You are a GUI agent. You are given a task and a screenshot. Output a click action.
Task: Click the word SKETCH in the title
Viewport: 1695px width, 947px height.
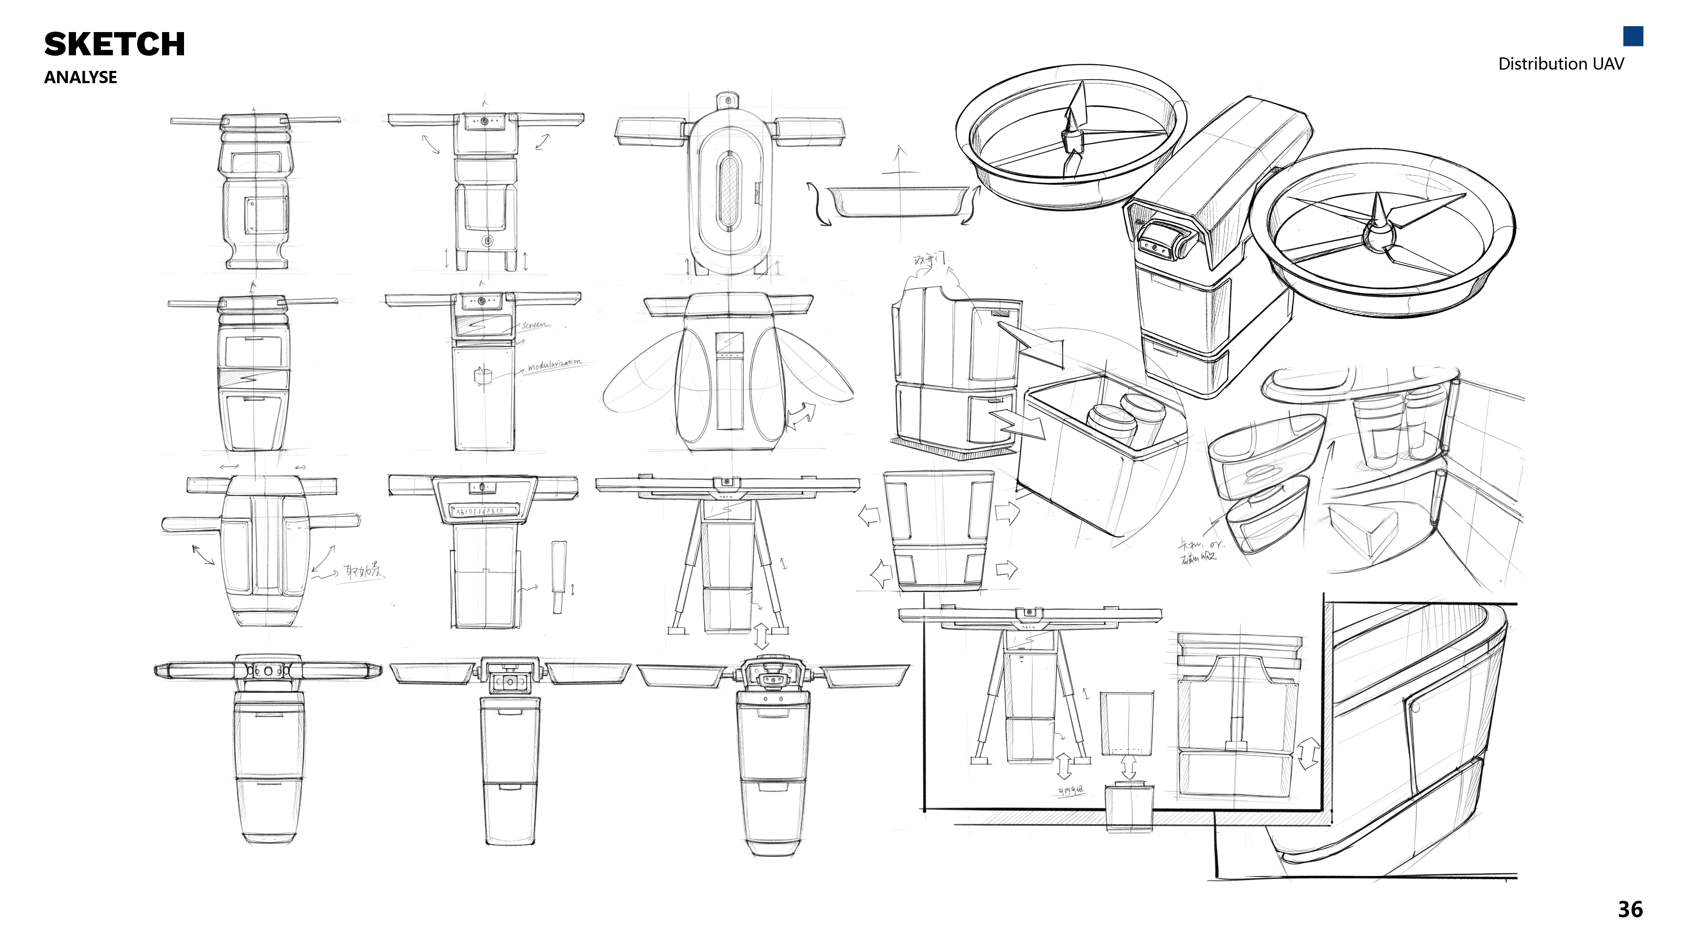coord(114,44)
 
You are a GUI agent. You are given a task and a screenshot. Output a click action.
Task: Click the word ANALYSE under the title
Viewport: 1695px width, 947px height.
coord(80,77)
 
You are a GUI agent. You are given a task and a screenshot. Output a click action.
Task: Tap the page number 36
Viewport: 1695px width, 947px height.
coord(1630,909)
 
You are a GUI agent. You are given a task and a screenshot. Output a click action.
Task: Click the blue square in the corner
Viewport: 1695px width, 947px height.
coord(1633,36)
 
